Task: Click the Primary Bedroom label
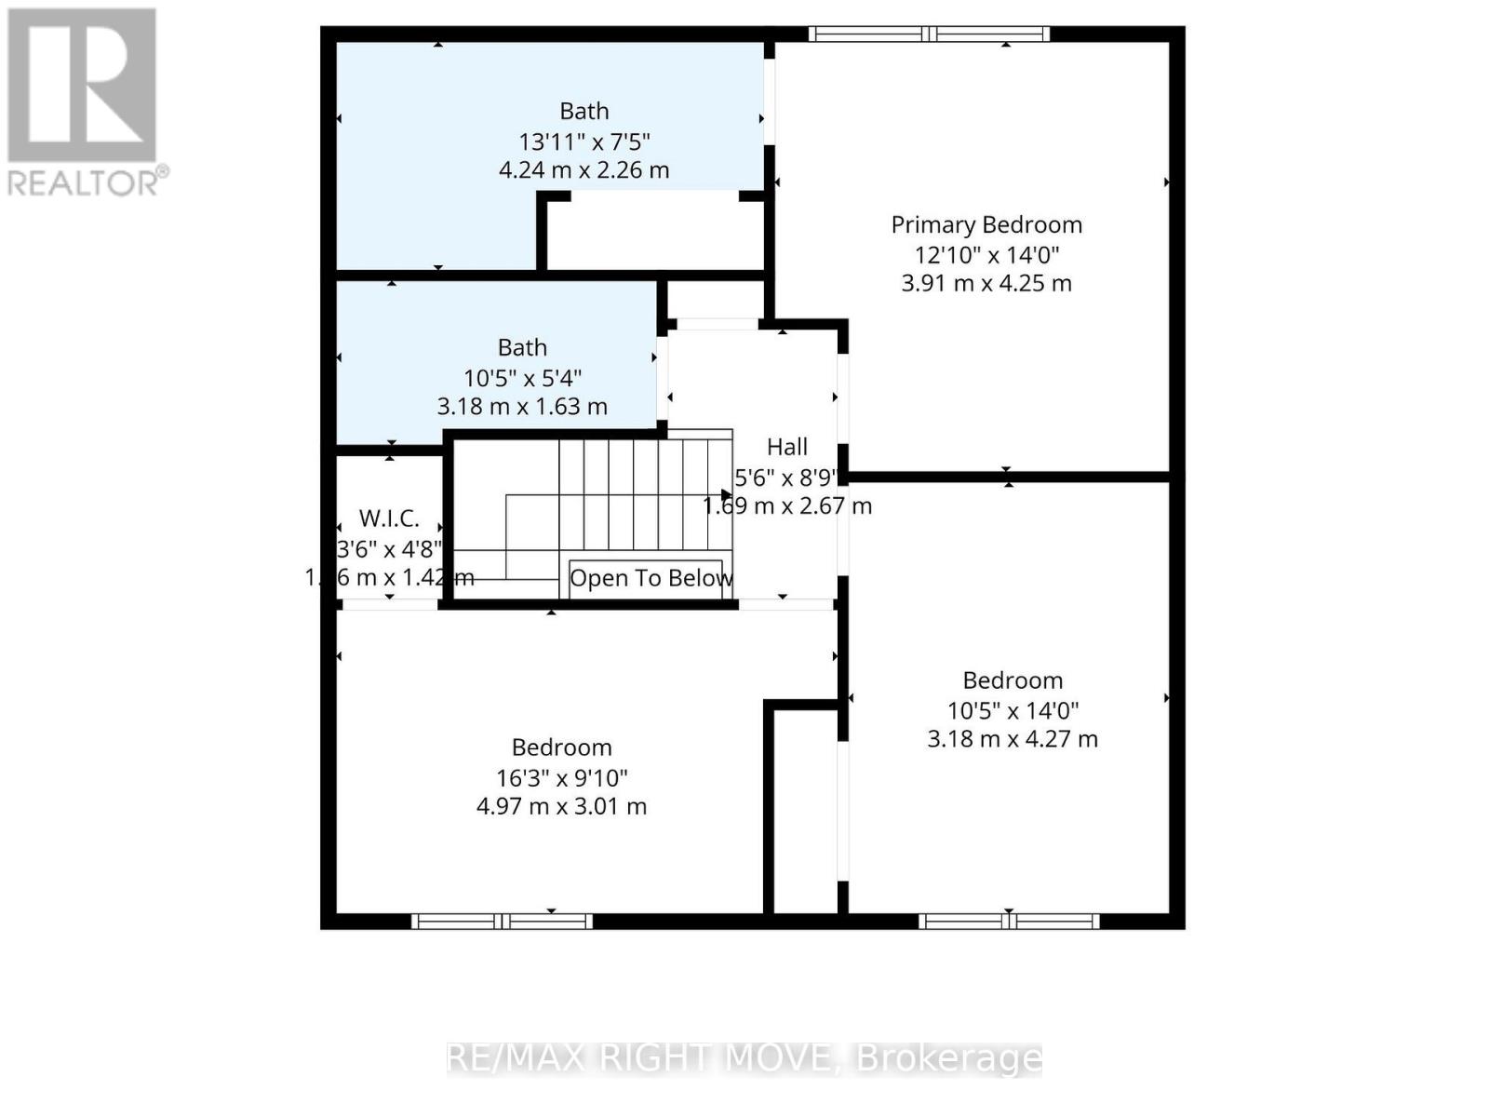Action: pyautogui.click(x=986, y=224)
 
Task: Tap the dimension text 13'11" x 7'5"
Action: pyautogui.click(x=584, y=141)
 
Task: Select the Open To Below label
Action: pyautogui.click(x=650, y=578)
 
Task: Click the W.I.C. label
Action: pyautogui.click(x=389, y=518)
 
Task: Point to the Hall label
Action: pyautogui.click(x=787, y=447)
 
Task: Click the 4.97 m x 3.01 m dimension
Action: pyautogui.click(x=561, y=806)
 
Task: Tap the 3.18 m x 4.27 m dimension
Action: pyautogui.click(x=1013, y=739)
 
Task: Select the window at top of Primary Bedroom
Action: pyautogui.click(x=929, y=34)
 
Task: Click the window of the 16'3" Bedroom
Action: pyautogui.click(x=502, y=922)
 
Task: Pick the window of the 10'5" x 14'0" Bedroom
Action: pyautogui.click(x=1010, y=922)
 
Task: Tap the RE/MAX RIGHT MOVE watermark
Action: pyautogui.click(x=744, y=1058)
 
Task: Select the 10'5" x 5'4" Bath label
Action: pyautogui.click(x=522, y=348)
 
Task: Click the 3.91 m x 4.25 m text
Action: pyautogui.click(x=986, y=283)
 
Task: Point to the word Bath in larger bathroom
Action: pyautogui.click(x=584, y=111)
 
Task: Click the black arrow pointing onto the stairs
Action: pyautogui.click(x=727, y=495)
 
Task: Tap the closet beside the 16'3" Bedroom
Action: pyautogui.click(x=806, y=810)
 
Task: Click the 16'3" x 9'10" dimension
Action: pyautogui.click(x=561, y=777)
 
